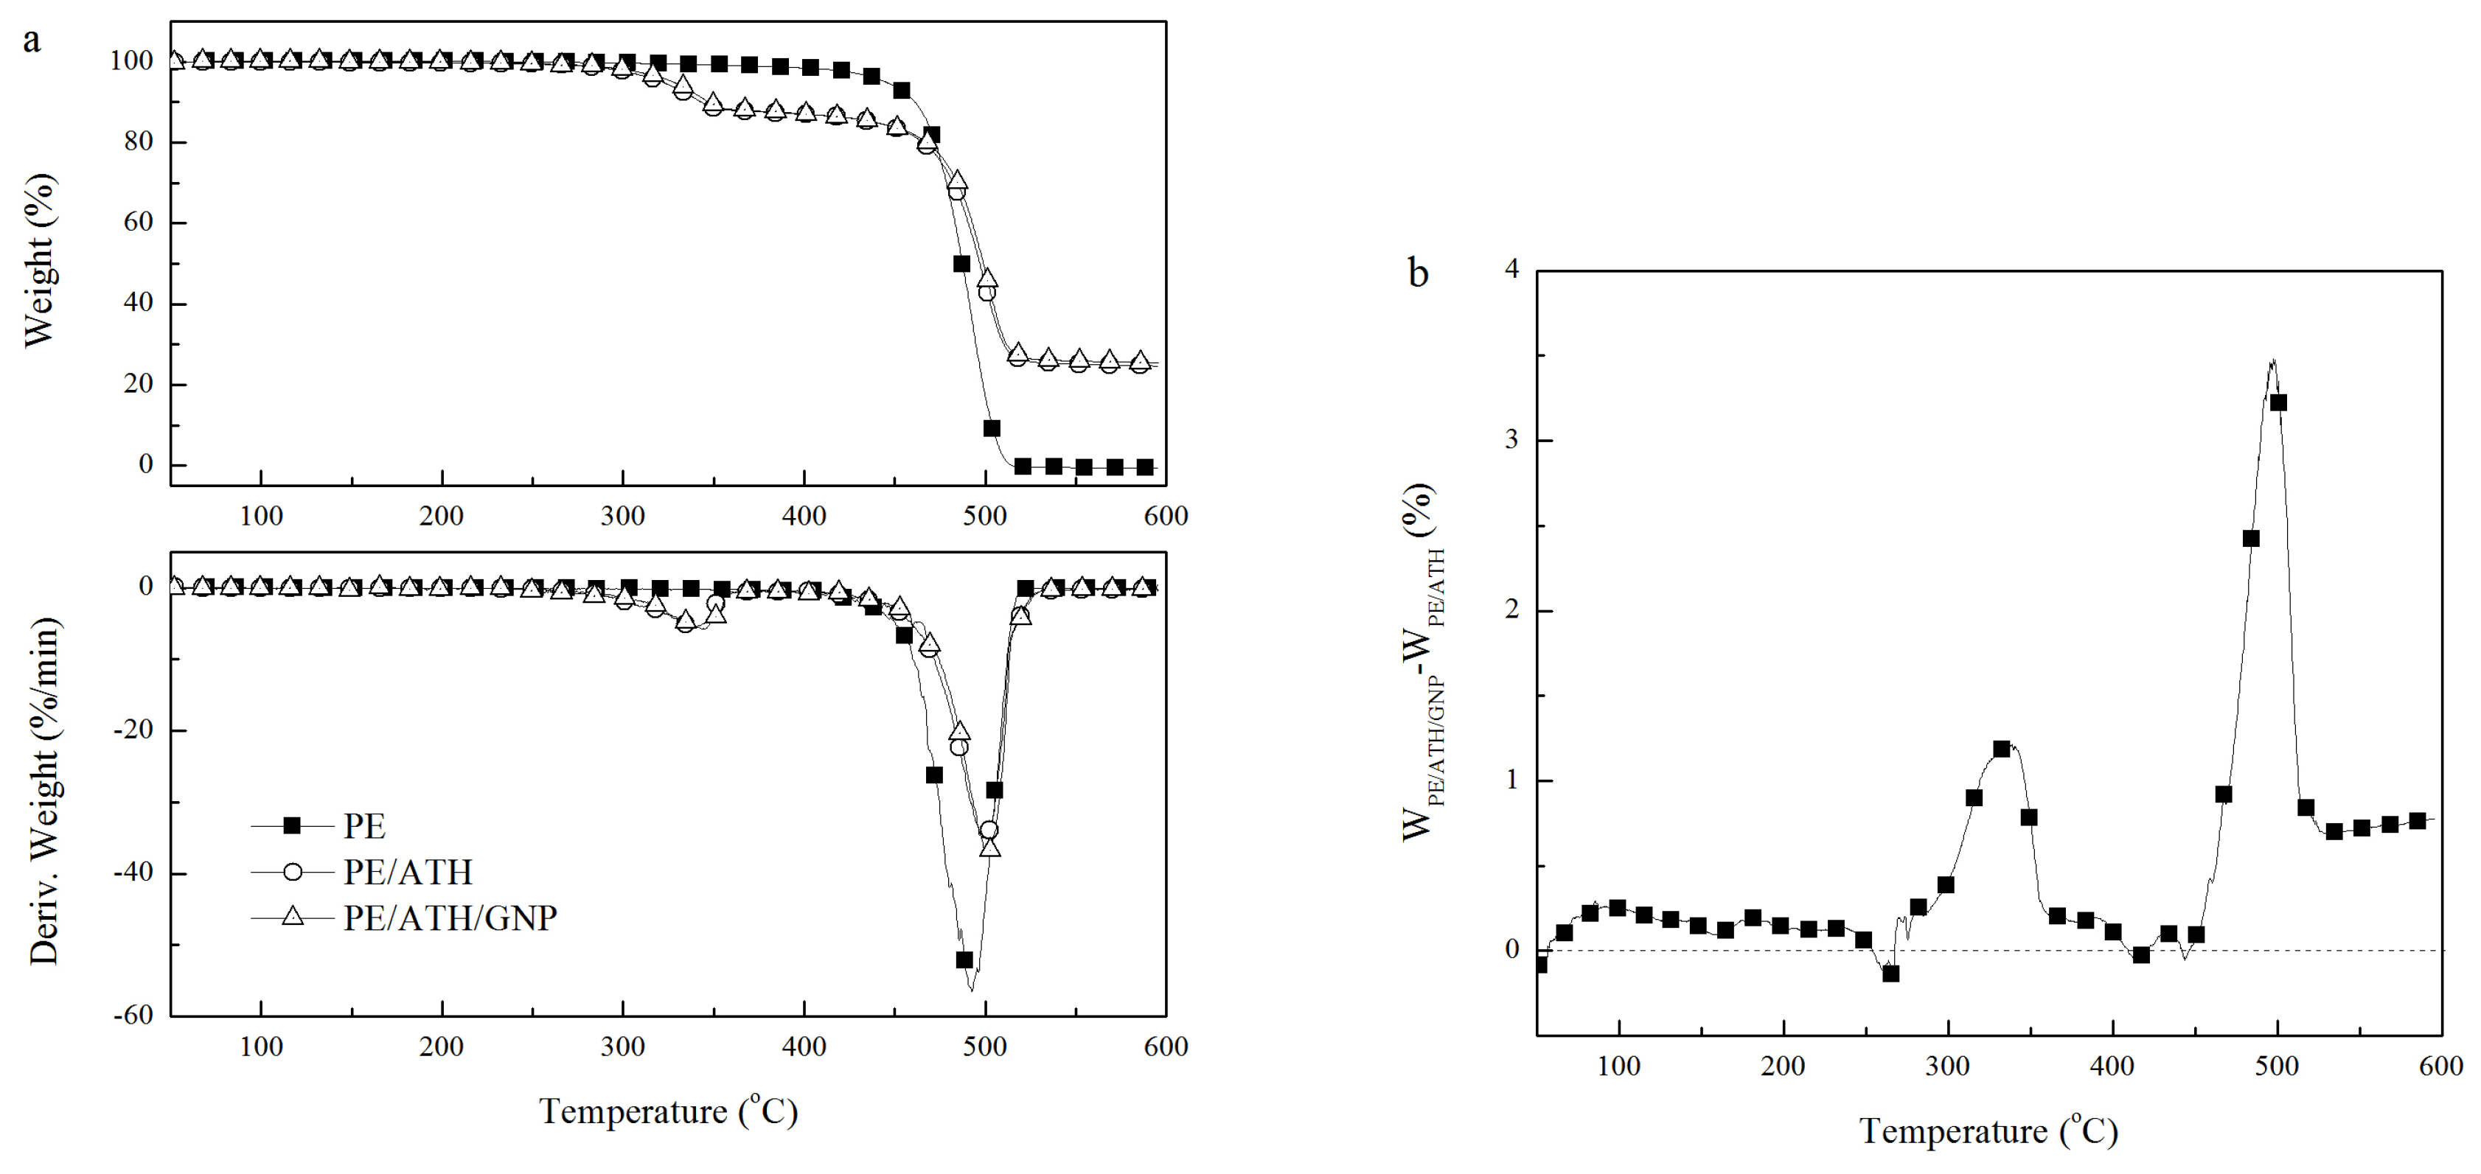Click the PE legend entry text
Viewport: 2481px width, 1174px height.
point(364,826)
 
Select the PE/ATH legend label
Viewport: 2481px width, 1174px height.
point(408,873)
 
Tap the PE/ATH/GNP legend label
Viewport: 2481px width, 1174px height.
point(450,918)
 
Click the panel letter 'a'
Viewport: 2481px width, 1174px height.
point(32,41)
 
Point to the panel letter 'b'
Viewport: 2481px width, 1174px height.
point(1418,273)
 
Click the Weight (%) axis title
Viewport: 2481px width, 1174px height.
point(41,260)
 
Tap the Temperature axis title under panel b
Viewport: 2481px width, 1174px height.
point(1988,1130)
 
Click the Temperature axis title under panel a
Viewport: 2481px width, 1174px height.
point(669,1111)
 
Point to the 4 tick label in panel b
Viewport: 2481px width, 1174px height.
point(1512,270)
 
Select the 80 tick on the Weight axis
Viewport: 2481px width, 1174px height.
point(139,141)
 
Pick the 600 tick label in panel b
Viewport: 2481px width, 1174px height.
point(2440,1067)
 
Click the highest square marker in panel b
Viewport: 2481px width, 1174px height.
point(2278,402)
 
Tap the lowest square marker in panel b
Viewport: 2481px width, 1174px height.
point(1890,974)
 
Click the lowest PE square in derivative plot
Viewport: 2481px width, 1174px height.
point(964,960)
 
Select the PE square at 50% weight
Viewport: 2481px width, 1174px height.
point(961,263)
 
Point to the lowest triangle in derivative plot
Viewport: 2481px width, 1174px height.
point(990,848)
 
